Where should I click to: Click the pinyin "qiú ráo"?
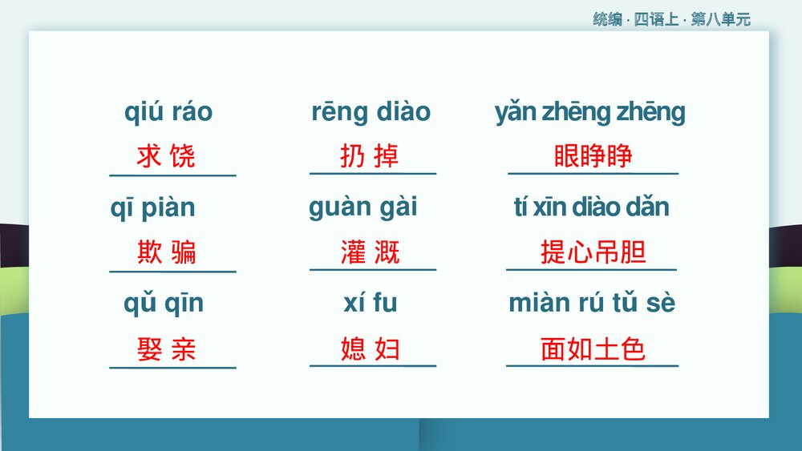tap(168, 112)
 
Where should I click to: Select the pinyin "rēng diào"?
tap(371, 112)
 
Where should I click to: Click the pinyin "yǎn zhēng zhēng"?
tap(590, 112)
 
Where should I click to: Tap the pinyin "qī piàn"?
tap(152, 208)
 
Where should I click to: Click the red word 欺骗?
tap(166, 253)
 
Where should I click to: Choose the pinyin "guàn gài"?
tap(363, 207)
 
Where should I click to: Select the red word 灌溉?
tap(370, 253)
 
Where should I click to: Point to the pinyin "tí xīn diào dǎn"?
tap(591, 207)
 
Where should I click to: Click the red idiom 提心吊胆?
tap(593, 253)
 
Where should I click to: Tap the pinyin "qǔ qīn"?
tap(164, 304)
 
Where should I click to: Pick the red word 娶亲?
tap(166, 349)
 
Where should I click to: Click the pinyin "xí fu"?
tap(370, 304)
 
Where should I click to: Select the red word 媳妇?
tap(370, 349)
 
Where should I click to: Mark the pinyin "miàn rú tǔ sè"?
tap(591, 304)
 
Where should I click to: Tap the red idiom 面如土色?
tap(593, 349)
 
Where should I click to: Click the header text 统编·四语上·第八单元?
tap(671, 20)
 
